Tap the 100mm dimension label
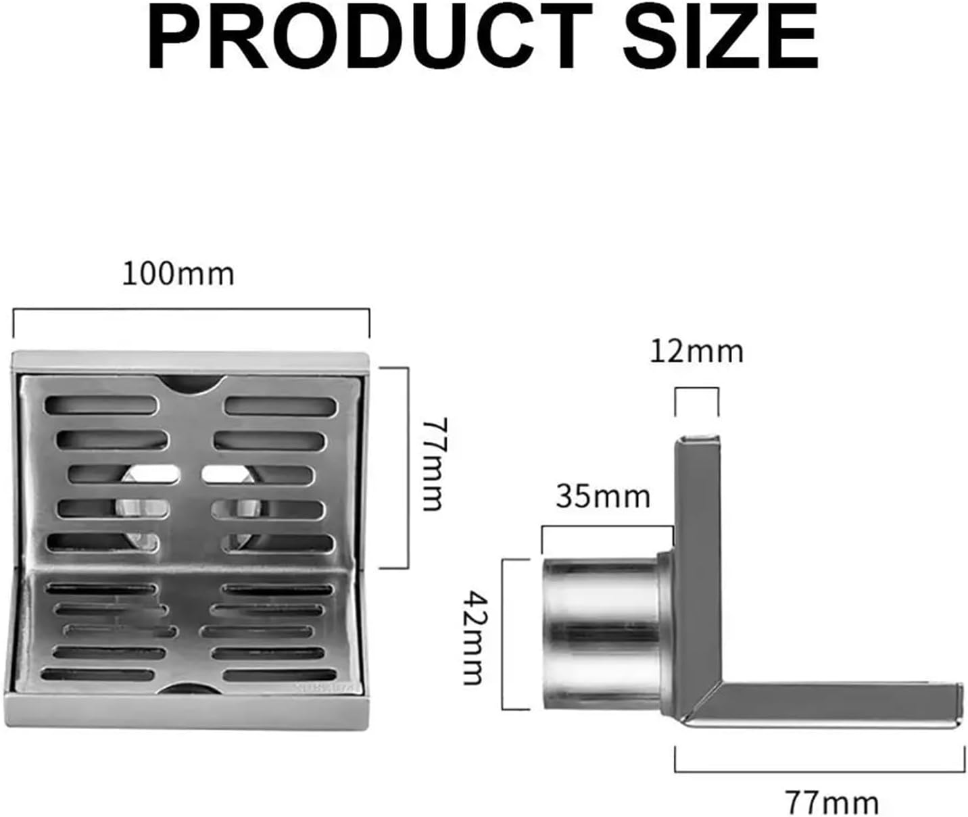(178, 274)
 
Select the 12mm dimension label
(696, 351)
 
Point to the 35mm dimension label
(603, 497)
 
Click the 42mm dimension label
(473, 637)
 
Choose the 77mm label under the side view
(832, 803)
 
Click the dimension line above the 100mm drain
(191, 310)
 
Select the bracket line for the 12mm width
(697, 389)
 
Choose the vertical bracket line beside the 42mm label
(503, 634)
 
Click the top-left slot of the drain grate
(101, 405)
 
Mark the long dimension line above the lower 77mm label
(819, 770)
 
